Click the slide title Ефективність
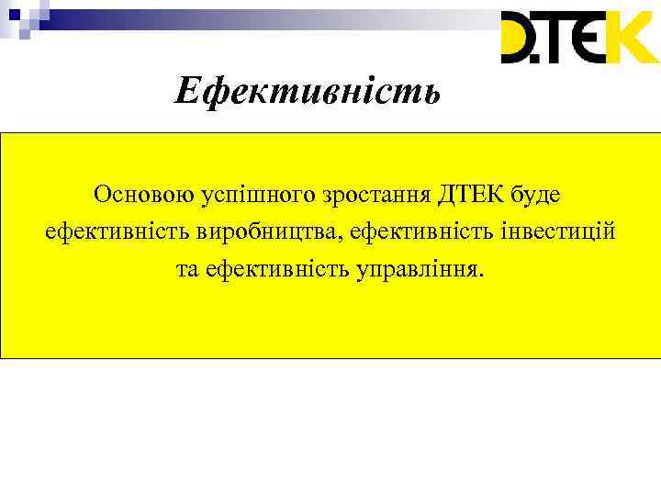(308, 90)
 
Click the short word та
(187, 271)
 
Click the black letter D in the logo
(522, 38)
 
